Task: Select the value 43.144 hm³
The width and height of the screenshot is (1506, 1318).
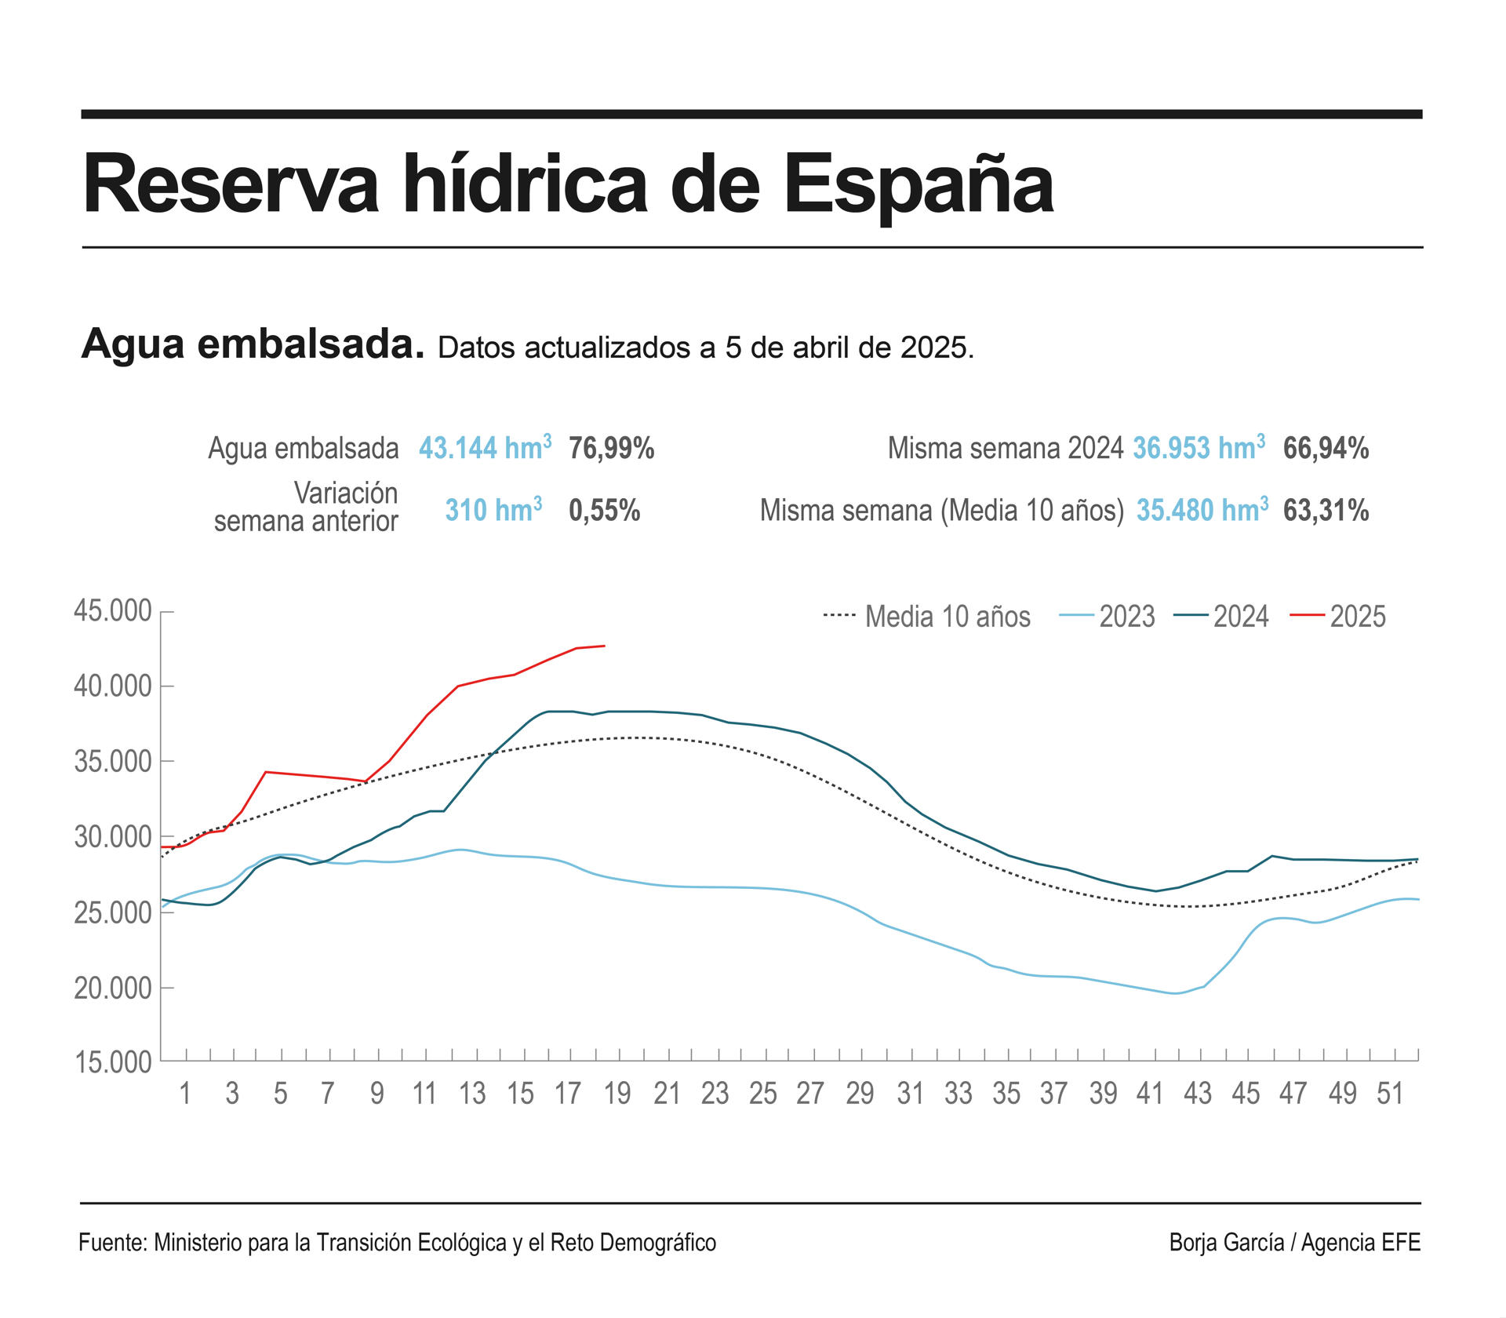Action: [x=484, y=448]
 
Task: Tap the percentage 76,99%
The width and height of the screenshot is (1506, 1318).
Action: [x=612, y=448]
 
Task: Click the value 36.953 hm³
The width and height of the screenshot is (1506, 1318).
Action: [x=1198, y=448]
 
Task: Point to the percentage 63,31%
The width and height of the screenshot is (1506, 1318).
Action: [x=1326, y=511]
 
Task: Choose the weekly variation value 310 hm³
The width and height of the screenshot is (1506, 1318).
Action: [x=493, y=511]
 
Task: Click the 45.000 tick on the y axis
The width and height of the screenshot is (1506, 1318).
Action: [x=113, y=611]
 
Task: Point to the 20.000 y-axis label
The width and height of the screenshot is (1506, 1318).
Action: [x=113, y=988]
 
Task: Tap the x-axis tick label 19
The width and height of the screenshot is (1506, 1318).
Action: [x=617, y=1093]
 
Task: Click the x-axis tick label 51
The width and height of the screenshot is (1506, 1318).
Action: [x=1390, y=1093]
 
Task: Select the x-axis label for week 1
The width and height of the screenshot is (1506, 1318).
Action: [x=185, y=1093]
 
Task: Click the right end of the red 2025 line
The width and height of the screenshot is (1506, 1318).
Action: [x=604, y=646]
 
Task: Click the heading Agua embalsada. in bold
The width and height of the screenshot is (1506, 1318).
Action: [x=253, y=344]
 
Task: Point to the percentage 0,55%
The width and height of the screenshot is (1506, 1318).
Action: [x=604, y=511]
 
